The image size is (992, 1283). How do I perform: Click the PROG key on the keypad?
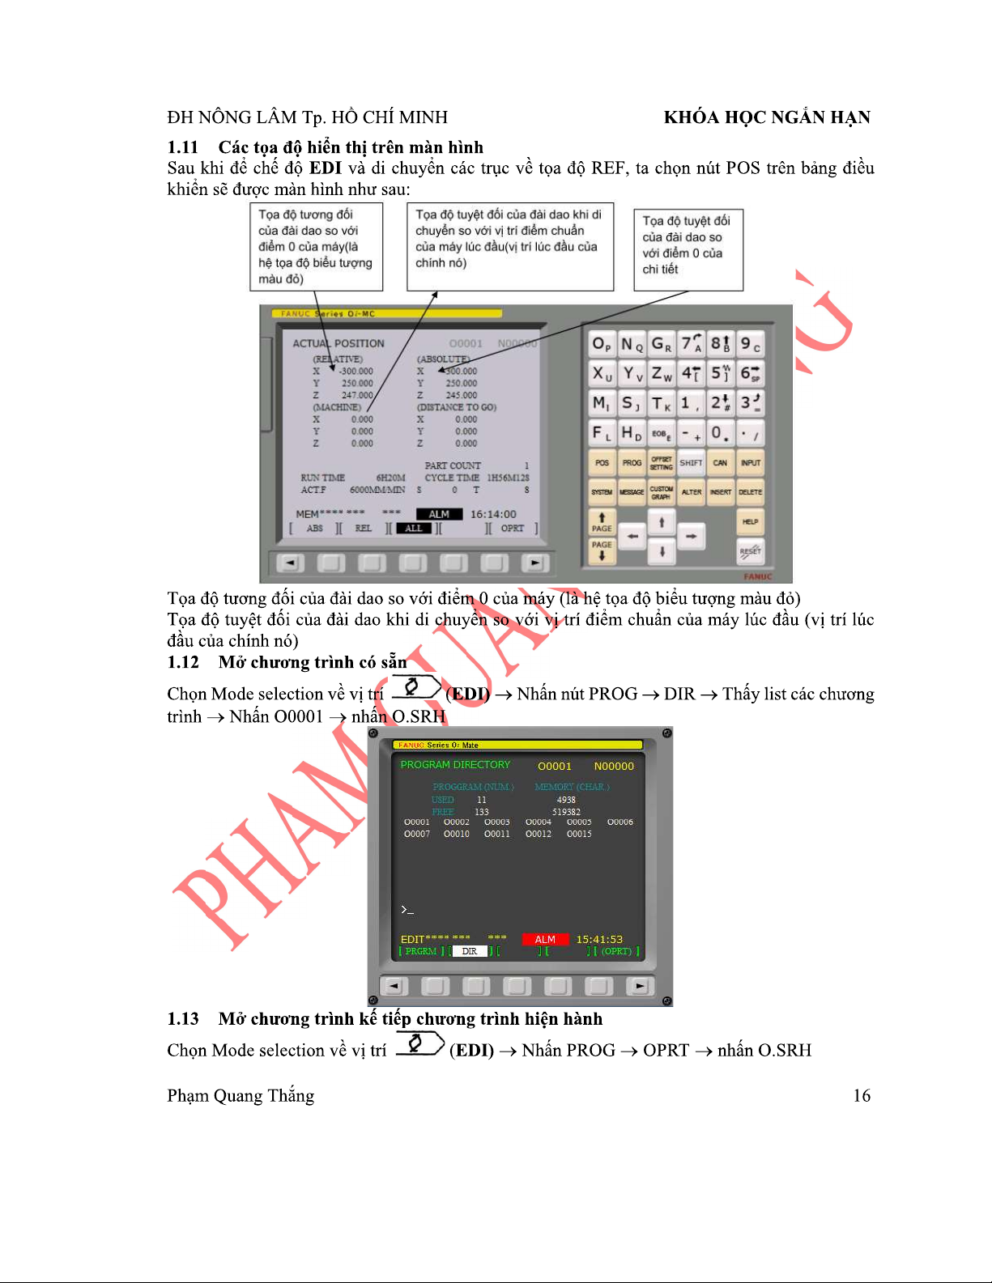pos(632,463)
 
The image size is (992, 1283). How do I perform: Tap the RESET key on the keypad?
pos(750,551)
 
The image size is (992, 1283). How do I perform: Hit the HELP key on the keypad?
pos(750,522)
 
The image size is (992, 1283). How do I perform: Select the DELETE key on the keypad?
pos(750,492)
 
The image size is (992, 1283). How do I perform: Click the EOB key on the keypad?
pos(661,434)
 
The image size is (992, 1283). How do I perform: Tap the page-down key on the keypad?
pos(602,550)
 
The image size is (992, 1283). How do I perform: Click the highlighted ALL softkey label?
pos(413,529)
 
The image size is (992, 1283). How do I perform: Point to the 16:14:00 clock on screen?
pos(493,514)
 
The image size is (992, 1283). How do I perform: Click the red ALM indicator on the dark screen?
pos(545,940)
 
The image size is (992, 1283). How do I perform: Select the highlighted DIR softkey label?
pos(470,952)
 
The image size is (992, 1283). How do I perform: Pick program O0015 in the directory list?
pos(579,834)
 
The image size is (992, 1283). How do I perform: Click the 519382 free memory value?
pos(566,812)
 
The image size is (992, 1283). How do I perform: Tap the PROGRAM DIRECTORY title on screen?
pos(455,765)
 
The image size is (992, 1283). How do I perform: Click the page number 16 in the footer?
pos(862,1096)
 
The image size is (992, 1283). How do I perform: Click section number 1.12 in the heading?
pos(183,662)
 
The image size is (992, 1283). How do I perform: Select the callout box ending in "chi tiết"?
pos(688,250)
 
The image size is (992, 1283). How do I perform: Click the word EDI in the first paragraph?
pos(326,168)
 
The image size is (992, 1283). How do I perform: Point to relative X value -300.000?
pos(356,372)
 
